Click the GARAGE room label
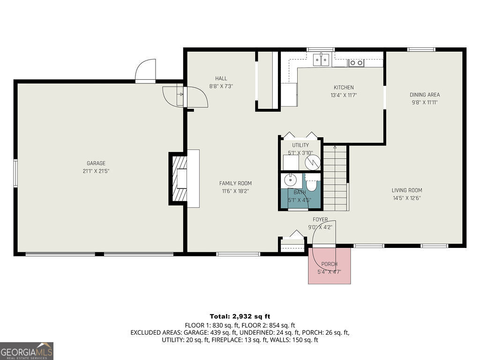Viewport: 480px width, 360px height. click(96, 163)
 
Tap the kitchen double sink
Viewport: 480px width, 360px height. click(321, 60)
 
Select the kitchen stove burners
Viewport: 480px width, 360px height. click(356, 62)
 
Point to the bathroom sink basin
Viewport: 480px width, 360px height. click(290, 180)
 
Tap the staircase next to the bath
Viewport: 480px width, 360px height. click(336, 178)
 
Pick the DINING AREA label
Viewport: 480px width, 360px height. click(425, 95)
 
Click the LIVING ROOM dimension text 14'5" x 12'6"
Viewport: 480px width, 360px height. click(407, 198)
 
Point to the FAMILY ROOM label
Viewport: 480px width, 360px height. click(235, 183)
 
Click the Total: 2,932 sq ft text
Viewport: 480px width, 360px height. click(240, 316)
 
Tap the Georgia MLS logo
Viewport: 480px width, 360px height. click(27, 351)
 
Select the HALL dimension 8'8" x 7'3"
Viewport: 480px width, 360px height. click(221, 86)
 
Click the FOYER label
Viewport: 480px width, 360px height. click(321, 219)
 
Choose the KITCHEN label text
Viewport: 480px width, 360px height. click(344, 88)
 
